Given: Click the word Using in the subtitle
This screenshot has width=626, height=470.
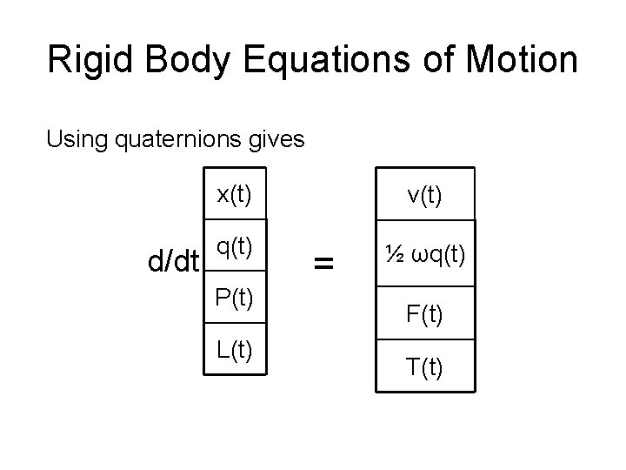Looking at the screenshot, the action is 71,138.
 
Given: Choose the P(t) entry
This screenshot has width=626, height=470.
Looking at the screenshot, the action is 235,298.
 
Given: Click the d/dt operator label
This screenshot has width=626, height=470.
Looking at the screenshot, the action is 174,260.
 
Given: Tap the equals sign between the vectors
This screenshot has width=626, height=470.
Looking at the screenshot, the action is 323,260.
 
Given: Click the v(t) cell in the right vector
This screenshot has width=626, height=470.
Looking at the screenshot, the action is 424,196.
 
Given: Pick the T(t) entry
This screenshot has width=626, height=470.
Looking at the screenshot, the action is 424,368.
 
